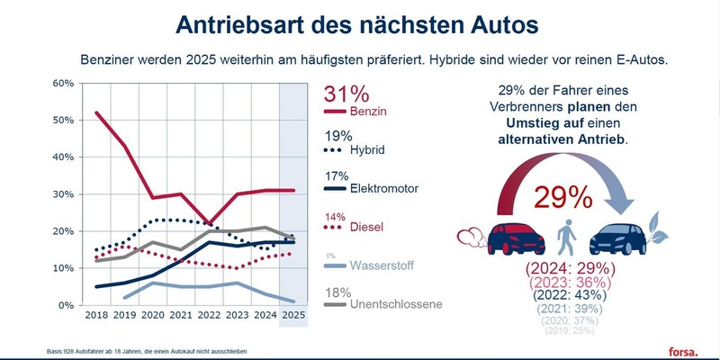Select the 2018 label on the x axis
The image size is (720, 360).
(x=96, y=317)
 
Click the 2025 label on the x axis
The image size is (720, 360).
(x=292, y=317)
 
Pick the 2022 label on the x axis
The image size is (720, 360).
(x=208, y=317)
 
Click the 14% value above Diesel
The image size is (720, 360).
(x=334, y=217)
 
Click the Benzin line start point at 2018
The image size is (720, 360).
(x=96, y=112)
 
